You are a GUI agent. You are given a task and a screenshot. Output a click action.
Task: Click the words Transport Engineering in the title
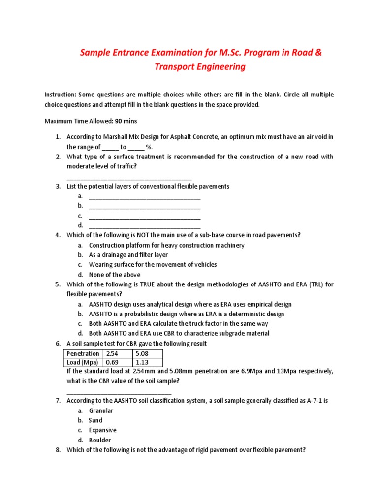pyautogui.click(x=200, y=67)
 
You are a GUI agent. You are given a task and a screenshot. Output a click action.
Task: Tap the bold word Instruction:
pyautogui.click(x=60, y=94)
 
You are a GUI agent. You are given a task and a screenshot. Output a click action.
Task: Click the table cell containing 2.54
pyautogui.click(x=117, y=353)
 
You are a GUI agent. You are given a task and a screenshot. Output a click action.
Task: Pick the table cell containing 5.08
pyautogui.click(x=147, y=353)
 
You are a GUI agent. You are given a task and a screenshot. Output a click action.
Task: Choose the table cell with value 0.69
pyautogui.click(x=117, y=363)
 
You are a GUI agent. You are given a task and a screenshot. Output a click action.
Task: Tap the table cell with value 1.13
pyautogui.click(x=147, y=363)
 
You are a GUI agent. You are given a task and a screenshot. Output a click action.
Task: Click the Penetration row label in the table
pyautogui.click(x=83, y=353)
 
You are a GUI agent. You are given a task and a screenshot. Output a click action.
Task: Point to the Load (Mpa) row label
pyautogui.click(x=83, y=363)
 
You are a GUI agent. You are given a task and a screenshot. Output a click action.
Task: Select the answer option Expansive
pyautogui.click(x=103, y=430)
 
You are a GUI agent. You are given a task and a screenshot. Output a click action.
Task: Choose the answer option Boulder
pyautogui.click(x=100, y=440)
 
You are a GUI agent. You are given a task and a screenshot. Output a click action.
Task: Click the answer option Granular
pyautogui.click(x=101, y=410)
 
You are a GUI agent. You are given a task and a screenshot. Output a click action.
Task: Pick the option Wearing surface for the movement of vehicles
pyautogui.click(x=153, y=265)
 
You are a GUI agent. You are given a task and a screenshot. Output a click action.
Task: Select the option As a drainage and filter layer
pyautogui.click(x=128, y=255)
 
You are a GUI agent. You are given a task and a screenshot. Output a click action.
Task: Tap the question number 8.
pyautogui.click(x=57, y=450)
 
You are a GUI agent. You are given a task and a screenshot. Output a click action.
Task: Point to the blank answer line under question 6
pyautogui.click(x=119, y=393)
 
